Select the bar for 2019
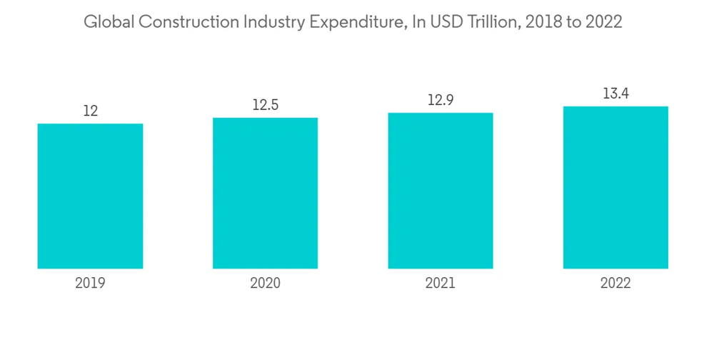(x=90, y=196)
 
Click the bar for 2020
(x=265, y=194)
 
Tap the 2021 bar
(x=441, y=191)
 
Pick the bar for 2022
(x=615, y=188)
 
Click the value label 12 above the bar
(x=90, y=111)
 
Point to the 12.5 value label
(x=265, y=105)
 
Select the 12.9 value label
(x=441, y=100)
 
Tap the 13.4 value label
(x=615, y=94)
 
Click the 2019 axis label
(x=90, y=283)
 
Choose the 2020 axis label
(x=265, y=283)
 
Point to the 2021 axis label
(x=441, y=283)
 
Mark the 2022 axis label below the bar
(x=615, y=283)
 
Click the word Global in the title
(x=108, y=22)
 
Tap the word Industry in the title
(x=272, y=22)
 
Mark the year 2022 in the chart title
(x=605, y=22)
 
